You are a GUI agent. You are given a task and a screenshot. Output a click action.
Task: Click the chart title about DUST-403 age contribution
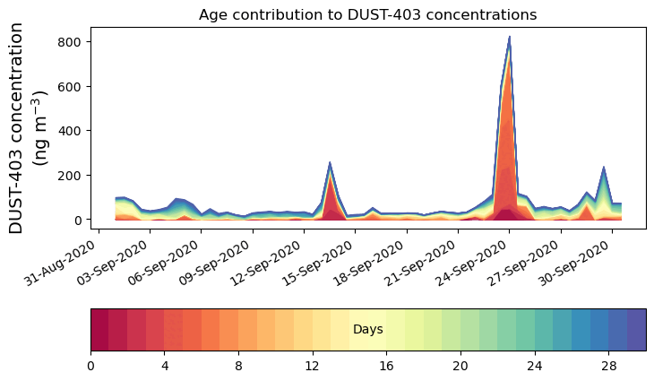(x=367, y=14)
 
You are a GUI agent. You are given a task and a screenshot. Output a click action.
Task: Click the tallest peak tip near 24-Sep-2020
(x=509, y=38)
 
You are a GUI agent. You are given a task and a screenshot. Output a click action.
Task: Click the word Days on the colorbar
(x=368, y=330)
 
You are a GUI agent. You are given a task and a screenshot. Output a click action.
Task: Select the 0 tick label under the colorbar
(x=90, y=366)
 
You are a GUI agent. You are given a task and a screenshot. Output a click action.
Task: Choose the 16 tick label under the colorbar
(x=386, y=366)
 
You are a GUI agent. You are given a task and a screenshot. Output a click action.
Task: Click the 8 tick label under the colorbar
(x=238, y=366)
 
